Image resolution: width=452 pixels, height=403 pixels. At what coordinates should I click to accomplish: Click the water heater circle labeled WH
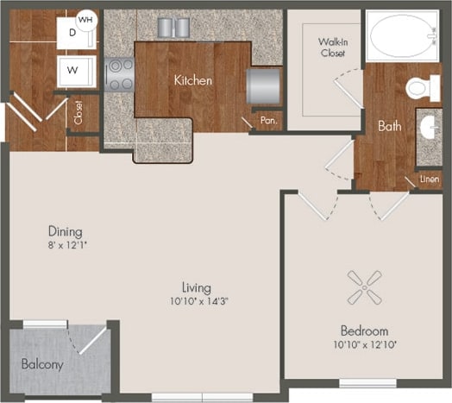click(x=86, y=18)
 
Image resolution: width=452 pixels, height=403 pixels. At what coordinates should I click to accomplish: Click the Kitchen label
click(x=193, y=80)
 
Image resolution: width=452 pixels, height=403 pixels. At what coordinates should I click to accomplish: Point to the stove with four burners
click(x=119, y=74)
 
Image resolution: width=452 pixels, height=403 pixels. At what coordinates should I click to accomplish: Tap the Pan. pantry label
click(x=267, y=122)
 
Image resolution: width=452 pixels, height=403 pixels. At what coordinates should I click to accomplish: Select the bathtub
click(x=401, y=36)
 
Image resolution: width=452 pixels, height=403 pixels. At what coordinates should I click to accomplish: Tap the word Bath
click(x=389, y=126)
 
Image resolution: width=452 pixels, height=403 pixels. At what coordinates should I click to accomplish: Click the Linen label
click(x=429, y=179)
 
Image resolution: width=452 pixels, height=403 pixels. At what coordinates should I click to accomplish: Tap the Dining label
click(x=66, y=231)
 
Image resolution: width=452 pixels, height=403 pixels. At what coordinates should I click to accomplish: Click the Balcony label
click(x=42, y=364)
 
